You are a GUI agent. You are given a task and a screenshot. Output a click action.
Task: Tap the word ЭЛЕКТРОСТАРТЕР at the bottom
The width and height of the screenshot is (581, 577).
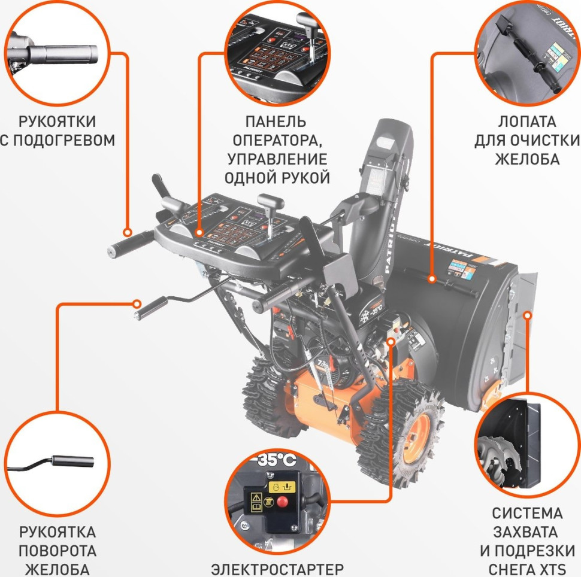278,568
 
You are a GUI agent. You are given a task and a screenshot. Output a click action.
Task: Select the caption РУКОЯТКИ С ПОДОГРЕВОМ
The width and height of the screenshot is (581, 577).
57,131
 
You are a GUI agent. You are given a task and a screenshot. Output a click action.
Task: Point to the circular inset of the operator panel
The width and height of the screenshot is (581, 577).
276,52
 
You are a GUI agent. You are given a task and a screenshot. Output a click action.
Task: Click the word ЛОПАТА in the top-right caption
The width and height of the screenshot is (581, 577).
527,122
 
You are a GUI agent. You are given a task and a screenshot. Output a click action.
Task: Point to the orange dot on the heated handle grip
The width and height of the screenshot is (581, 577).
127,232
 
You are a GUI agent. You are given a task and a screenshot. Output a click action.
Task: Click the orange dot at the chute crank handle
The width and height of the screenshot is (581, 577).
138,303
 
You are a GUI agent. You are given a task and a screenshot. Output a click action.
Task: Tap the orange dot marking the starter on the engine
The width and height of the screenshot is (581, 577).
391,341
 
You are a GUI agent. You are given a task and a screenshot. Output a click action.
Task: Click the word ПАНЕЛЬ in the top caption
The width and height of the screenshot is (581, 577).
276,122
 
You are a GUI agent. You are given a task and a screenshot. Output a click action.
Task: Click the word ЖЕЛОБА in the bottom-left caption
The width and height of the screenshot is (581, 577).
57,569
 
